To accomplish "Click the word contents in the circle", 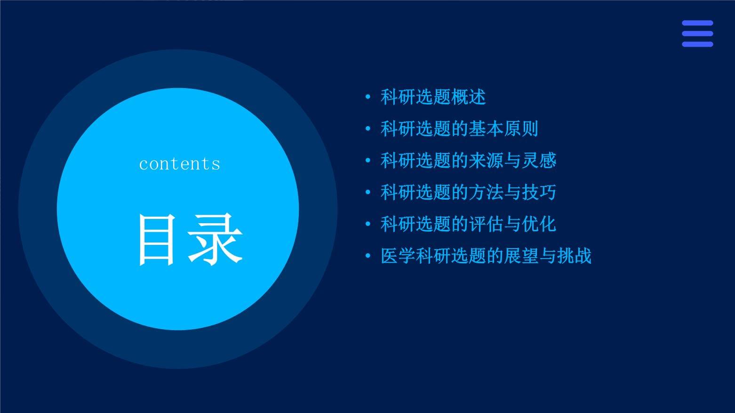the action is (179, 163).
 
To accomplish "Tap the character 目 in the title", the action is (156, 239).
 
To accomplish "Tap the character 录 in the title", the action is (215, 239).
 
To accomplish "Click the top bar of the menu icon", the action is (697, 23).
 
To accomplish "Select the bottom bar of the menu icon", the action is (697, 44).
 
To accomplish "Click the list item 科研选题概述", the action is (433, 97).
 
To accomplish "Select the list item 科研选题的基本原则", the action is (459, 129).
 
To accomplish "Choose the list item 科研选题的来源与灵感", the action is (468, 161).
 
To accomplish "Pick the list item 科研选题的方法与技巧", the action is (468, 193).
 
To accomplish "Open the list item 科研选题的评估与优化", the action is (468, 224).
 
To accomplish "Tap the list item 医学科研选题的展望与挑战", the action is (486, 256).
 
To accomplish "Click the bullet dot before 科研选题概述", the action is (368, 97).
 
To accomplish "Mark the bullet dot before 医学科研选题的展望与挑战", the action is (368, 256).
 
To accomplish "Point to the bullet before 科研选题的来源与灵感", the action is (368, 161).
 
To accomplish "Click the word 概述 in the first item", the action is (468, 97).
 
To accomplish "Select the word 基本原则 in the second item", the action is (503, 129).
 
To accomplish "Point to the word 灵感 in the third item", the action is (539, 161).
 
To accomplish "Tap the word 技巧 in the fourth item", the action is (539, 193).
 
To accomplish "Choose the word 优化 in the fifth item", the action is (539, 224).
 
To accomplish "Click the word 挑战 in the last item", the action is (574, 256).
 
